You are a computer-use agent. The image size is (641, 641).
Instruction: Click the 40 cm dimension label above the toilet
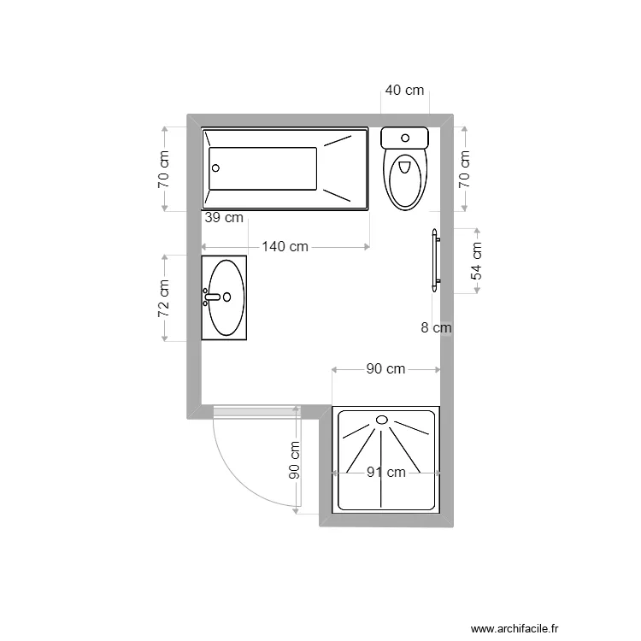pyautogui.click(x=404, y=90)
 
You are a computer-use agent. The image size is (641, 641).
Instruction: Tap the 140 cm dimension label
pyautogui.click(x=285, y=247)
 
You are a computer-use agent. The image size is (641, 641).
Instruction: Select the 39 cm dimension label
pyautogui.click(x=224, y=218)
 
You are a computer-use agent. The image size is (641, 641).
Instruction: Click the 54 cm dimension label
pyautogui.click(x=477, y=261)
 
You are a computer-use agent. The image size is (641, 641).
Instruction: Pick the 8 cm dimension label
pyautogui.click(x=436, y=326)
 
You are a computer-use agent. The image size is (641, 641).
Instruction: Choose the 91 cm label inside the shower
pyautogui.click(x=386, y=472)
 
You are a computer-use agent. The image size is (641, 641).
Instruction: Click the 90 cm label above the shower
pyautogui.click(x=385, y=369)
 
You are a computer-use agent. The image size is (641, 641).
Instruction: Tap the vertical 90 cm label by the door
pyautogui.click(x=294, y=461)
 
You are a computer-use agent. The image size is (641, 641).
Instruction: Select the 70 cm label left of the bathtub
pyautogui.click(x=164, y=169)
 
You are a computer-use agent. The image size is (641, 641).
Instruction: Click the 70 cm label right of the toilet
pyautogui.click(x=465, y=169)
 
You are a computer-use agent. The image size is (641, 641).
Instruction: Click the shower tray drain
pyautogui.click(x=382, y=420)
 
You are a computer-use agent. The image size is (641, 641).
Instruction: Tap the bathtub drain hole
pyautogui.click(x=216, y=168)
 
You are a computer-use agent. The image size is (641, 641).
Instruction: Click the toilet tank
pyautogui.click(x=404, y=138)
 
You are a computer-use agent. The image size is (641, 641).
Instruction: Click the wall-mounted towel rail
pyautogui.click(x=436, y=257)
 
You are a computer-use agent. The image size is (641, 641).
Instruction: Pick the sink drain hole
pyautogui.click(x=228, y=297)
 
